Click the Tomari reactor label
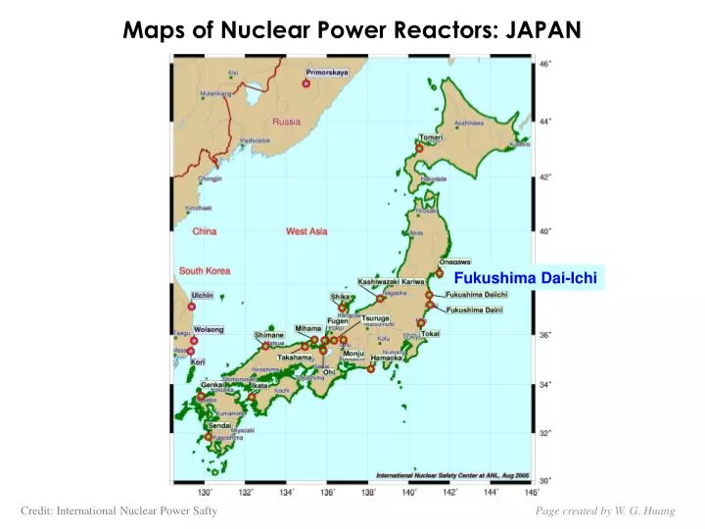click(432, 138)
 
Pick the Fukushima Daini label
click(474, 311)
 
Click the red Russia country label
click(286, 122)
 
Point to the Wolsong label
click(209, 329)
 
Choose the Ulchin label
click(203, 295)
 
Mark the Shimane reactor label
click(268, 334)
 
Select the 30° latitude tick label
click(545, 479)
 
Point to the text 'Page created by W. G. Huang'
click(604, 510)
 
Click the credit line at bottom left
click(118, 510)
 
